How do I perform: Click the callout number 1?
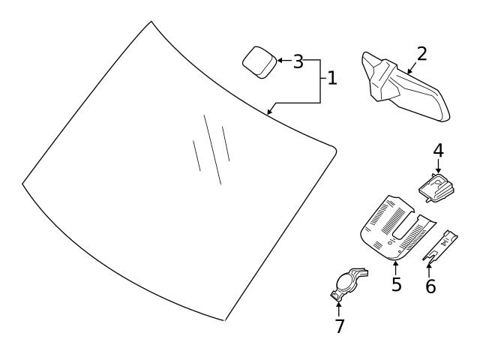coord(332,78)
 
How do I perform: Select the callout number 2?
coord(421,54)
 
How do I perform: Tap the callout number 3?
coord(298,61)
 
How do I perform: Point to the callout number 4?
coord(438,151)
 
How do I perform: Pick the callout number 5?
coord(397,284)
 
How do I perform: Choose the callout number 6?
coord(430,286)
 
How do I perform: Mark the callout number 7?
coord(340,326)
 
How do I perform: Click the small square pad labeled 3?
coord(259,62)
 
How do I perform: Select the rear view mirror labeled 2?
coord(405,87)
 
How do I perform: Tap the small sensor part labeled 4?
coord(436,187)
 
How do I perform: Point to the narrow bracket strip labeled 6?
coord(440,247)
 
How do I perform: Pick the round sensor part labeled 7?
coord(348,283)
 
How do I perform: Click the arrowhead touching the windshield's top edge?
coord(269,112)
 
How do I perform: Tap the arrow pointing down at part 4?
coord(438,166)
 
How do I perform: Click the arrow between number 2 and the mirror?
coord(412,67)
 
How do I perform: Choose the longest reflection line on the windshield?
coord(212,150)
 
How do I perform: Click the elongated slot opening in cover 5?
coord(405,226)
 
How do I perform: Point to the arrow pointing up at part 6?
coord(429,270)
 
